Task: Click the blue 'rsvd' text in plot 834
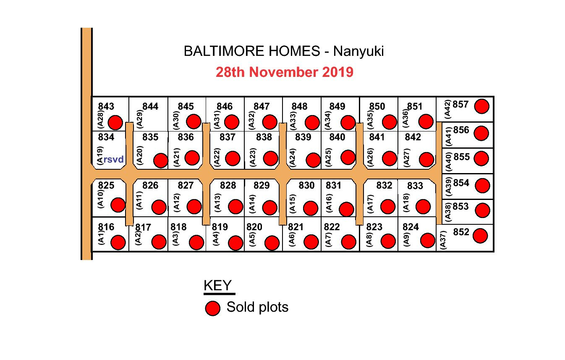tap(113, 160)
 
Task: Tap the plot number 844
tap(150, 106)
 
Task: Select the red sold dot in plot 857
tap(482, 106)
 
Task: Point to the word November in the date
tap(283, 72)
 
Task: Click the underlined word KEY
tap(217, 286)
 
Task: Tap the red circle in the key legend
tap(213, 308)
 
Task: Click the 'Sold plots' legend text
tap(258, 307)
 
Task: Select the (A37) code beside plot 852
tap(443, 240)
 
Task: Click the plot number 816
tap(106, 227)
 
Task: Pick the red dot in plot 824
tap(428, 240)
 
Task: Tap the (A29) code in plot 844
tap(139, 119)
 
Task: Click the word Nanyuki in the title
tap(358, 52)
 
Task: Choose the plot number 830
tap(306, 186)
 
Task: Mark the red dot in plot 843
tap(115, 123)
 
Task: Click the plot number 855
tap(462, 157)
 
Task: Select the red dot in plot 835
tap(161, 160)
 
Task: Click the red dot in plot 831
tap(346, 209)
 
